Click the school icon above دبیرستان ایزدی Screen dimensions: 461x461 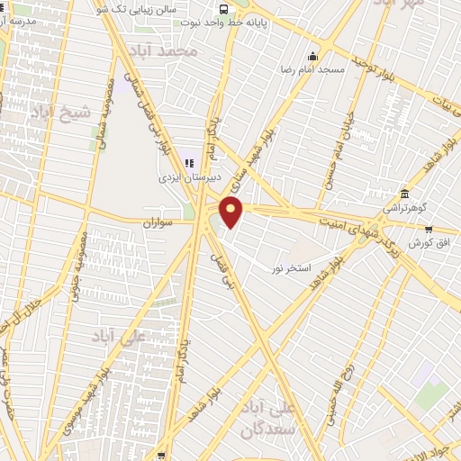pos(189,163)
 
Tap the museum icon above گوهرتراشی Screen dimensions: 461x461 pos(405,194)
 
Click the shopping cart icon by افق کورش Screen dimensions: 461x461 pos(430,229)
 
